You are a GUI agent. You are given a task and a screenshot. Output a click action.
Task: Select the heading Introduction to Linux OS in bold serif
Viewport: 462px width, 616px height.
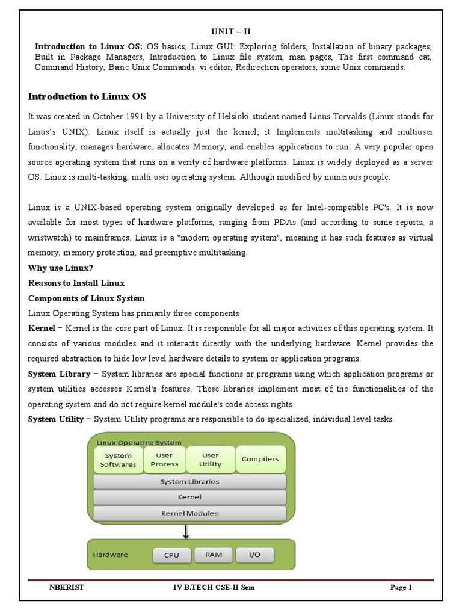(87, 96)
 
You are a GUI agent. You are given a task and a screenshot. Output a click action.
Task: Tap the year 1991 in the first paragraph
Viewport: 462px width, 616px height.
(132, 115)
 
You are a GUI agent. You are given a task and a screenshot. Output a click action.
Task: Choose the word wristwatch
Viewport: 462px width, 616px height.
(52, 238)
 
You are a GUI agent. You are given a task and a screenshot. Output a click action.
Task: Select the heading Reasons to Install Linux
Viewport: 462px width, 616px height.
(76, 283)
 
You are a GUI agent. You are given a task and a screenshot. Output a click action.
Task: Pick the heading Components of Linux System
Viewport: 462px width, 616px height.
(86, 298)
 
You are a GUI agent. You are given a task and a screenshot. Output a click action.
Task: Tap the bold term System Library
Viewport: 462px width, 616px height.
(59, 374)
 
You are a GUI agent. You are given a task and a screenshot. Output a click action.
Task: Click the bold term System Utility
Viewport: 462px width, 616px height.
(56, 419)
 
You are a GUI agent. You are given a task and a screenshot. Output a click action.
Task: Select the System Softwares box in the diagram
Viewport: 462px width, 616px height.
(119, 460)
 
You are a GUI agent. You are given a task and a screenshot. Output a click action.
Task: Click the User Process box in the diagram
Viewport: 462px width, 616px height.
(164, 460)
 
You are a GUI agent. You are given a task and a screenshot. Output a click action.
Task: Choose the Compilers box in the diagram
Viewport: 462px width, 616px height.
(260, 460)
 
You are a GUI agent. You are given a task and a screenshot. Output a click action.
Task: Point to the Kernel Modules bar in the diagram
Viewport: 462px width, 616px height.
(189, 514)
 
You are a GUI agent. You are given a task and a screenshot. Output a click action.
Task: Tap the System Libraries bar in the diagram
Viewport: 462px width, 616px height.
(189, 482)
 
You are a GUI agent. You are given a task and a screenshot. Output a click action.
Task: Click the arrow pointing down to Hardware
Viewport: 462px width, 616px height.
(186, 531)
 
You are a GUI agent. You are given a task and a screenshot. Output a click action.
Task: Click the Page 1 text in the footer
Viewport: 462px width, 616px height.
(399, 588)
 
